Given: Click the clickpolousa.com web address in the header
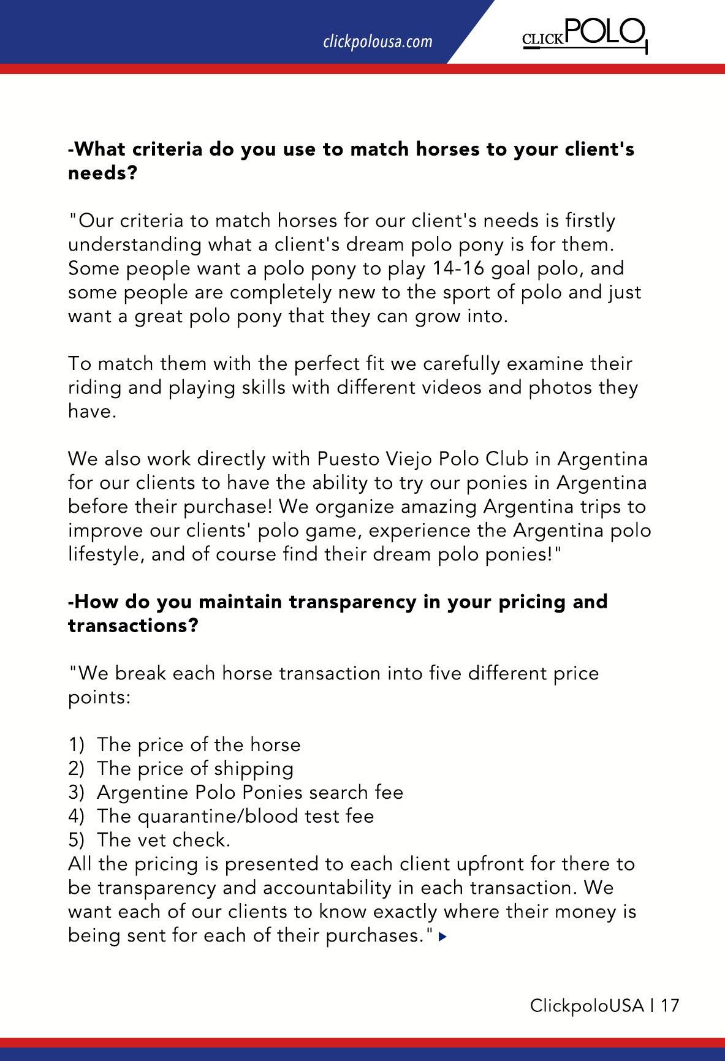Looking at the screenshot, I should [x=378, y=42].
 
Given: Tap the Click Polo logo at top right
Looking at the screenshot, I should [x=584, y=35].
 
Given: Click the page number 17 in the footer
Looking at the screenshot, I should [x=670, y=1005].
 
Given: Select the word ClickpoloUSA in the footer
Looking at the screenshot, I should [x=586, y=1005].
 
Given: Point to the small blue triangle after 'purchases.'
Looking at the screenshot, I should [x=443, y=937].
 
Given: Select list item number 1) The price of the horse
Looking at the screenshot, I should [x=184, y=744].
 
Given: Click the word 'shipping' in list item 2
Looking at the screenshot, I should [x=257, y=768].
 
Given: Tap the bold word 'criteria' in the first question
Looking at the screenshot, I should [x=165, y=149].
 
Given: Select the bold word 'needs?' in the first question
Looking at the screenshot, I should [x=102, y=173].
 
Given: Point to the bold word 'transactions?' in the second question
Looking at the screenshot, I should [x=133, y=626].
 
